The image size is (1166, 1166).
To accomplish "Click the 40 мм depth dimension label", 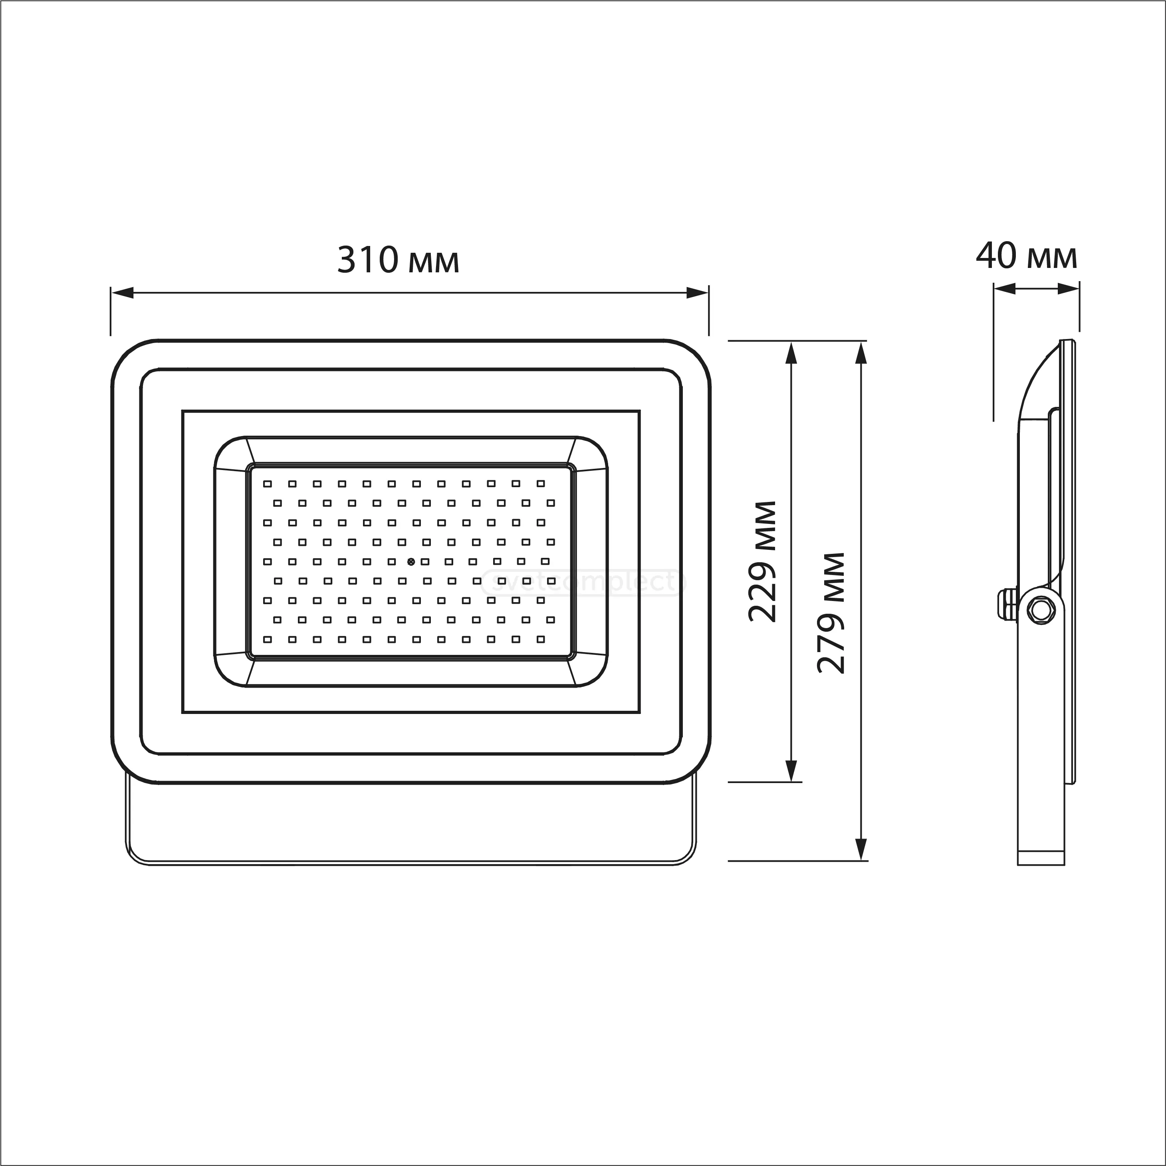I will pos(1026,256).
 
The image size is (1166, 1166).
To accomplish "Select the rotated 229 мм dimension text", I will pos(761,561).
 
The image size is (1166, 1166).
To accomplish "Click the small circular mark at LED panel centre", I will pos(411,561).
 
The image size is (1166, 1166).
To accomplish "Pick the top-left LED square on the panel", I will pos(268,484).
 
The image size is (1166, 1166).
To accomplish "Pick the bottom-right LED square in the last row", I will pos(541,639).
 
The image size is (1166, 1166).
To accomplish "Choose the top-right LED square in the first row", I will pos(541,484).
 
